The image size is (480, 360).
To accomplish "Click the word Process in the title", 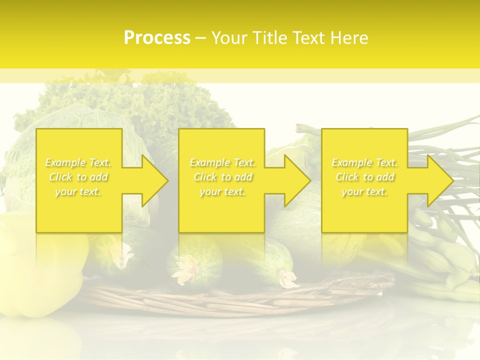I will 157,38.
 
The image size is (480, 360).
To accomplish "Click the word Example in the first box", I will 65,162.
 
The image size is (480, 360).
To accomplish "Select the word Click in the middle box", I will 205,177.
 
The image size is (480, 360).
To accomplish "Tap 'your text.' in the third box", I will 364,191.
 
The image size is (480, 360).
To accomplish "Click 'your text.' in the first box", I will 78,191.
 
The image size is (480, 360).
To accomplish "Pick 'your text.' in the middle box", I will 222,191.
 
